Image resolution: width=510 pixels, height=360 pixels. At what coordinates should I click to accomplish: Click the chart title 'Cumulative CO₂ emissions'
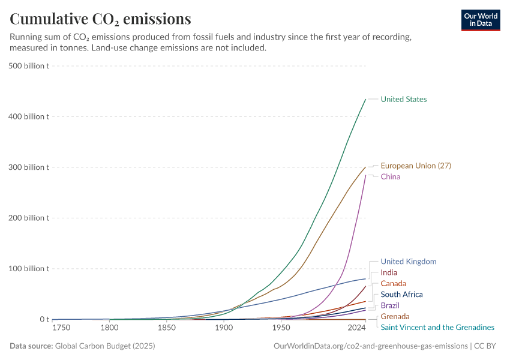tap(101, 19)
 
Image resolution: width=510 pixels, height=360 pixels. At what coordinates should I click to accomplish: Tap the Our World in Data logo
tap(480, 20)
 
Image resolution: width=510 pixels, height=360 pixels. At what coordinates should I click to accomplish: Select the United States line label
tap(404, 99)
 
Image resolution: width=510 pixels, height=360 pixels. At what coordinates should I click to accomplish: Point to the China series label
tap(390, 177)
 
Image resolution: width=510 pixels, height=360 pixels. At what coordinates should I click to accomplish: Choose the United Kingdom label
tap(409, 262)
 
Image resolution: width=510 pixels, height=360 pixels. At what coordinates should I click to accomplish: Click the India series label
tap(389, 272)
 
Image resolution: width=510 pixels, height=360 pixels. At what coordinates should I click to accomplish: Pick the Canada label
tap(394, 283)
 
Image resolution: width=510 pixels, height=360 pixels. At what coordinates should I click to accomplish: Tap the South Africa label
tap(402, 295)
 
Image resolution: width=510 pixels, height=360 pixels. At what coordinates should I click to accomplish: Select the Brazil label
tap(390, 305)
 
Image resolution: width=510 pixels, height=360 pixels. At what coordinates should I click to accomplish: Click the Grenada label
tap(395, 316)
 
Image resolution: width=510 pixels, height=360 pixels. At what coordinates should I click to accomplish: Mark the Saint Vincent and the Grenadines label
tap(437, 328)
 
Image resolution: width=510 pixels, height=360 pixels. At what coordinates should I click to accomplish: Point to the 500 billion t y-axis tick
tap(28, 65)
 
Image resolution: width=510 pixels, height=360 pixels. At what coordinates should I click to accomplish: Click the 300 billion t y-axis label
tap(28, 167)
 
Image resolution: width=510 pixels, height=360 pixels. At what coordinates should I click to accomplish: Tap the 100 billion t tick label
tap(28, 268)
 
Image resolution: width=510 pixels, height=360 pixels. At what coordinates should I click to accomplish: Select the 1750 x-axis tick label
tap(62, 328)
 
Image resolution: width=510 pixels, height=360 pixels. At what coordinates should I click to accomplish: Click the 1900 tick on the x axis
tap(224, 328)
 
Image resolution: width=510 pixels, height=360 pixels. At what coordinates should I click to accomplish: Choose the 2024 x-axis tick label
tap(356, 328)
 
